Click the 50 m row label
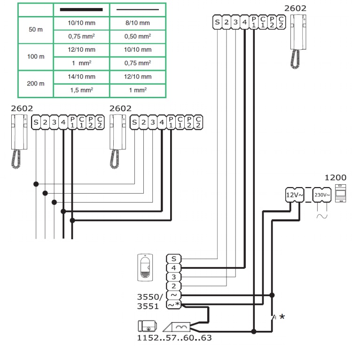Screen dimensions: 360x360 [35, 29]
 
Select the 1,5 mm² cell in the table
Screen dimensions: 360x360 [81, 90]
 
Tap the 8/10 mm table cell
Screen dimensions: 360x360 [138, 23]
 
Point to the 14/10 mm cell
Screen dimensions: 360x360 [81, 76]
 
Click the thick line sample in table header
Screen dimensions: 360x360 [81, 9]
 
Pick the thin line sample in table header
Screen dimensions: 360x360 [138, 9]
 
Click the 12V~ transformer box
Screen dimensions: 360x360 [295, 194]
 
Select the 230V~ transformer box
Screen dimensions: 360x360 [322, 194]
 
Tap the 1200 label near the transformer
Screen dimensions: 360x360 [335, 178]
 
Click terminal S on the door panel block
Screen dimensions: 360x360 [174, 258]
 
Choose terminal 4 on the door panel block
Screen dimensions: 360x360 [174, 268]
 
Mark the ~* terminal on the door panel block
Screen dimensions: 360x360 [174, 305]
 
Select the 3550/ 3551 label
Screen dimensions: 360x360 [150, 301]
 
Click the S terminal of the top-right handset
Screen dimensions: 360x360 [217, 22]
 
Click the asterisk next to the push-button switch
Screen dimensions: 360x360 [282, 317]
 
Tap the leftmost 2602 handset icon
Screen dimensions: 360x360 [18, 141]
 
